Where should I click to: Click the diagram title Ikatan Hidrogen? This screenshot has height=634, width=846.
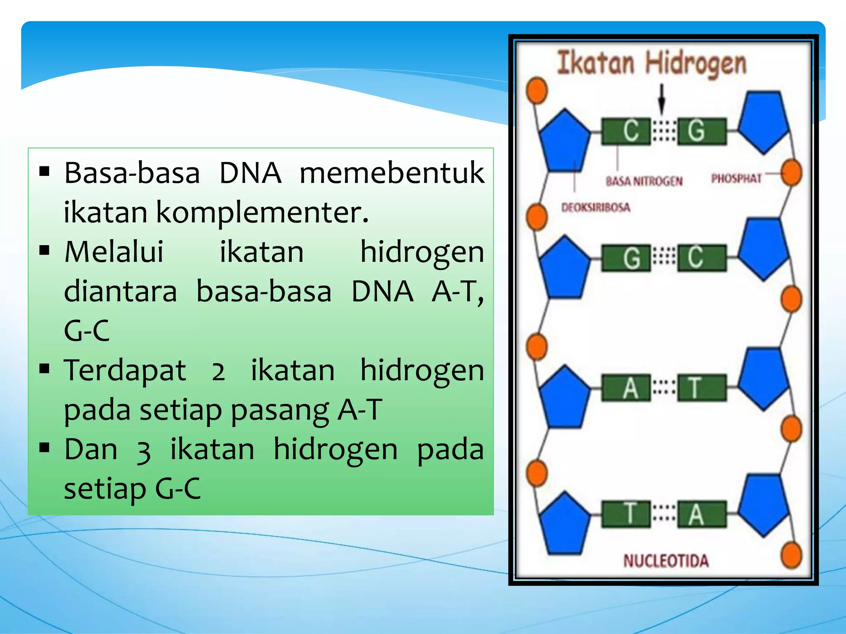pos(652,64)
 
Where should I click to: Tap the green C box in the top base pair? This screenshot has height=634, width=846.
pos(626,131)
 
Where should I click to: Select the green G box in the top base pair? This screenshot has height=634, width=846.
pos(701,131)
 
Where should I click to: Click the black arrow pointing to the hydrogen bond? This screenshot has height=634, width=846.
pos(662,99)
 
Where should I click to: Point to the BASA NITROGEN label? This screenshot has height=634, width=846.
pos(644,181)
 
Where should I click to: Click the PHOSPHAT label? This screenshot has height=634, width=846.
pos(736,178)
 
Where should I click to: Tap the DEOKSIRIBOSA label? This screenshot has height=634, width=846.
pos(596,207)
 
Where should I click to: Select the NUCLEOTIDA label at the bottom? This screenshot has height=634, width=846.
pos(666,561)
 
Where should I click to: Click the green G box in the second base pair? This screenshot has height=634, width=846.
pos(626,258)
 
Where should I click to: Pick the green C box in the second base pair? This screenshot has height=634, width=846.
pos(701,258)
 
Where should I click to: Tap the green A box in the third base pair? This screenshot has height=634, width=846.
pos(626,388)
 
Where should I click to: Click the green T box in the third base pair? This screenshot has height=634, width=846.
pos(701,388)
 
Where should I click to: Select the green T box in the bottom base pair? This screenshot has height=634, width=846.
pos(626,514)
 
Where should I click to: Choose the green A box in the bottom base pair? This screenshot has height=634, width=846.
pos(701,514)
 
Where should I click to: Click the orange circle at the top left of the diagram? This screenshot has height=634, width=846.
pos(537,90)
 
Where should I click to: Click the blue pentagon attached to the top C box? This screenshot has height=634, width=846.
pos(565,142)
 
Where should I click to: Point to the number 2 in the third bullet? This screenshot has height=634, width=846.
pos(218,371)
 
